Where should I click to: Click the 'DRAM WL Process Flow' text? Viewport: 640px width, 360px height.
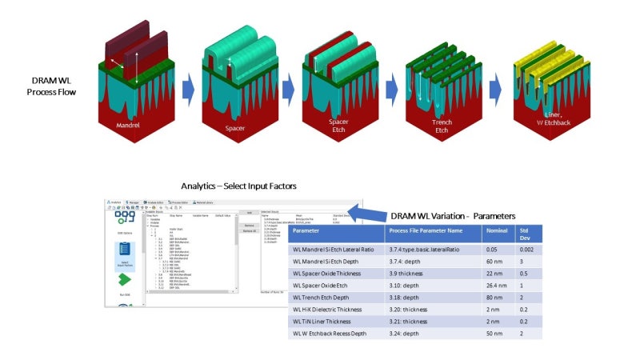pyautogui.click(x=61, y=86)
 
